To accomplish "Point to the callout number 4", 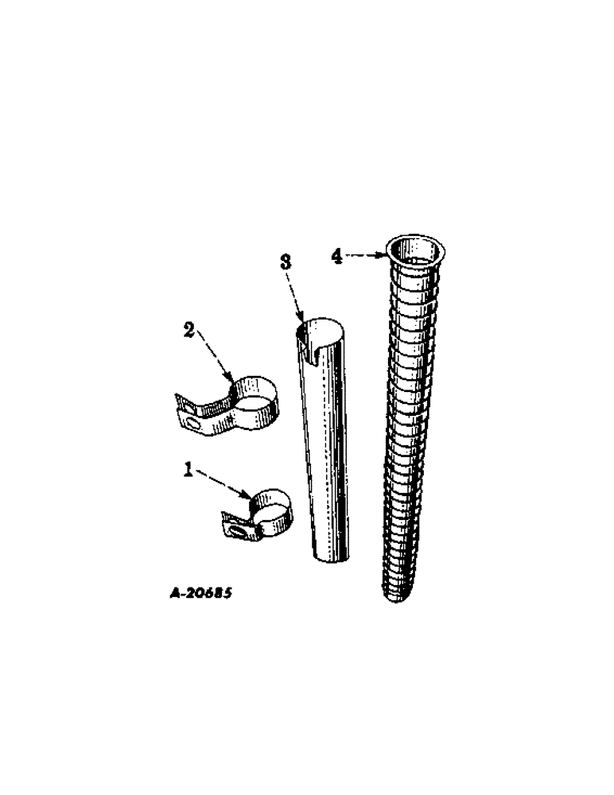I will [x=336, y=255].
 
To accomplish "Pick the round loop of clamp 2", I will [x=256, y=397].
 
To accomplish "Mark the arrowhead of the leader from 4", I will [x=385, y=255].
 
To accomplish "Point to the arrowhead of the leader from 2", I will [x=232, y=382].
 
